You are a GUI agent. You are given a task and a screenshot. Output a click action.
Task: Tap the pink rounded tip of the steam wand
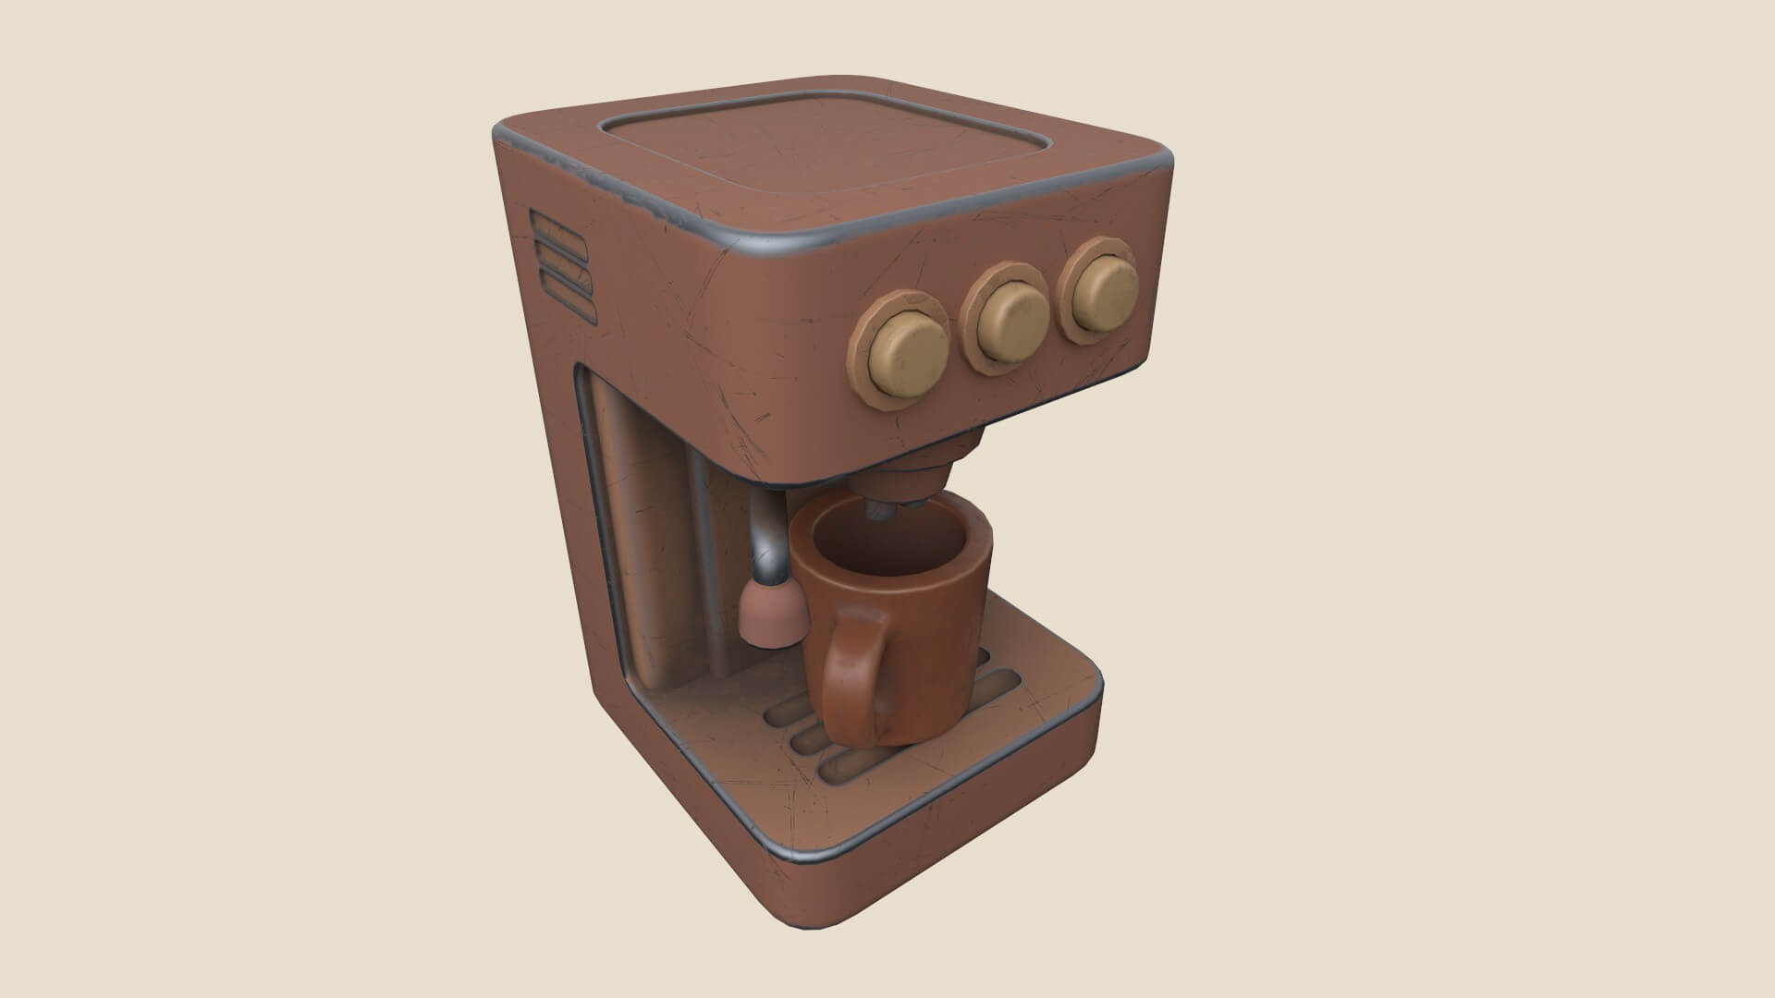tap(771, 615)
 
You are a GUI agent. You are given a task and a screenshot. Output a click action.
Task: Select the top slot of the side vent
tap(558, 225)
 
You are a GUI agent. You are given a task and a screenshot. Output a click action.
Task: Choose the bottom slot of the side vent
tap(566, 289)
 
